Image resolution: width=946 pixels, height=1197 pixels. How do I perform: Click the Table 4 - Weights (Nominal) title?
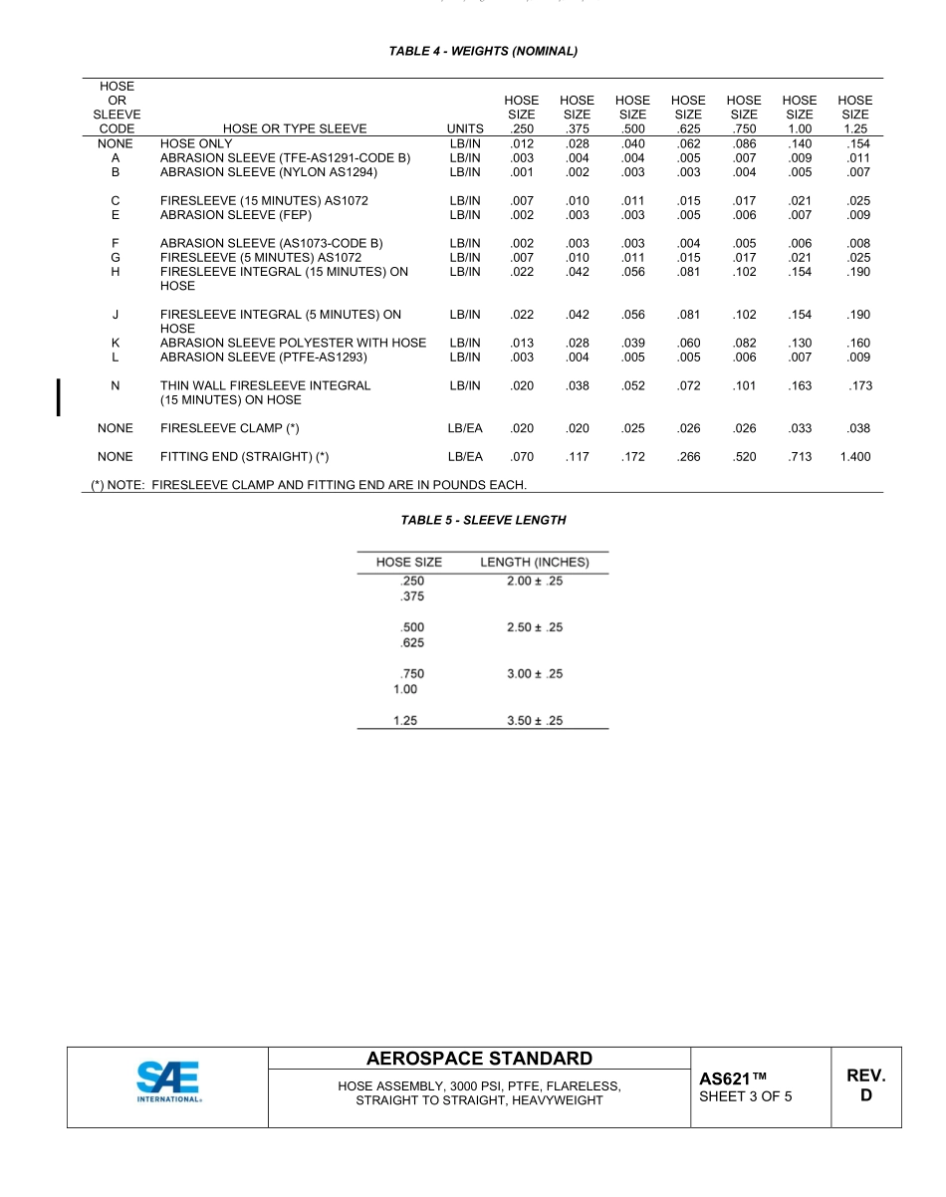483,51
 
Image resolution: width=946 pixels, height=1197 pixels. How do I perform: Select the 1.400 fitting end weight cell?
854,457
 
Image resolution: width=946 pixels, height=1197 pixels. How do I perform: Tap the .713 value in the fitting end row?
800,457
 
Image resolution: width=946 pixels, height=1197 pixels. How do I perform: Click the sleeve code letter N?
116,385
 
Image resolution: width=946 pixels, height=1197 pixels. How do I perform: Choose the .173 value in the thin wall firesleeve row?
859,385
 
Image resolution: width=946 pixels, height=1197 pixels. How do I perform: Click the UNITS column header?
465,128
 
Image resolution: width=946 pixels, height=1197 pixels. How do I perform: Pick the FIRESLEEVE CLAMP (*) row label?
230,428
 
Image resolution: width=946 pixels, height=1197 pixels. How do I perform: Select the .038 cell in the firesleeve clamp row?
857,428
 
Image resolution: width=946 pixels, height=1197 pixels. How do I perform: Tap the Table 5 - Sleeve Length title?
483,520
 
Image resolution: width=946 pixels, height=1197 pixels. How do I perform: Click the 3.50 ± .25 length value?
535,720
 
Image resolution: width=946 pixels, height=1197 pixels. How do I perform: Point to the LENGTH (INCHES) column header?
535,563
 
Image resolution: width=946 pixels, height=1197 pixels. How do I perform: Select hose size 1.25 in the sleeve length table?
404,720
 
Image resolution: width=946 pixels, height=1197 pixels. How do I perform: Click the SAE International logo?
168,1083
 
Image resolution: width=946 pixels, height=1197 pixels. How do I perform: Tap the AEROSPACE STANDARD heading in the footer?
479,1059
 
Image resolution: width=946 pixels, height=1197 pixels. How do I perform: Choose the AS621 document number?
733,1078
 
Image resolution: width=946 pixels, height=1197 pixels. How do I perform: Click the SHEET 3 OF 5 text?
746,1097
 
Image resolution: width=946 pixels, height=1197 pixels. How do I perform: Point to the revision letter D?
865,1096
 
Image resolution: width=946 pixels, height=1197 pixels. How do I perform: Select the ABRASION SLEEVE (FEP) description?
236,215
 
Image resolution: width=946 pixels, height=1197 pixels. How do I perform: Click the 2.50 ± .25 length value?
535,628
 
